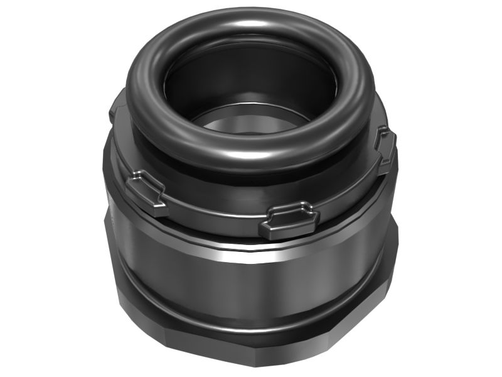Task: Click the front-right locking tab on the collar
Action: click(289, 220)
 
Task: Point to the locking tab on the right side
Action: click(385, 148)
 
